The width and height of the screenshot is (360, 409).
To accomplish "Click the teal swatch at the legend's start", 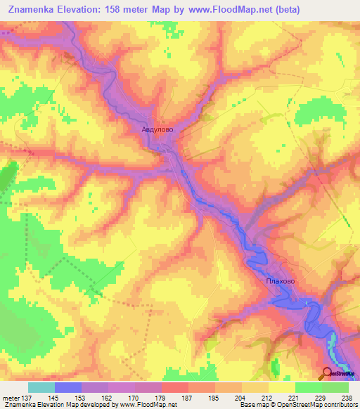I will (x=41, y=387).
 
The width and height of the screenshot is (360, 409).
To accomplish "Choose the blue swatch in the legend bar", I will (x=68, y=387).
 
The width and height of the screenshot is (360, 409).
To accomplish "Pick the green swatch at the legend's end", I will (x=335, y=387).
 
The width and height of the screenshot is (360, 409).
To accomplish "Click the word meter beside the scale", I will (x=11, y=397).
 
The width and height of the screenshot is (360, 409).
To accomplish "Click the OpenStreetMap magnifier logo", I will (x=328, y=374).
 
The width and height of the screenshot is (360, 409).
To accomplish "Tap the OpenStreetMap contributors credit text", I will (x=309, y=405).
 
